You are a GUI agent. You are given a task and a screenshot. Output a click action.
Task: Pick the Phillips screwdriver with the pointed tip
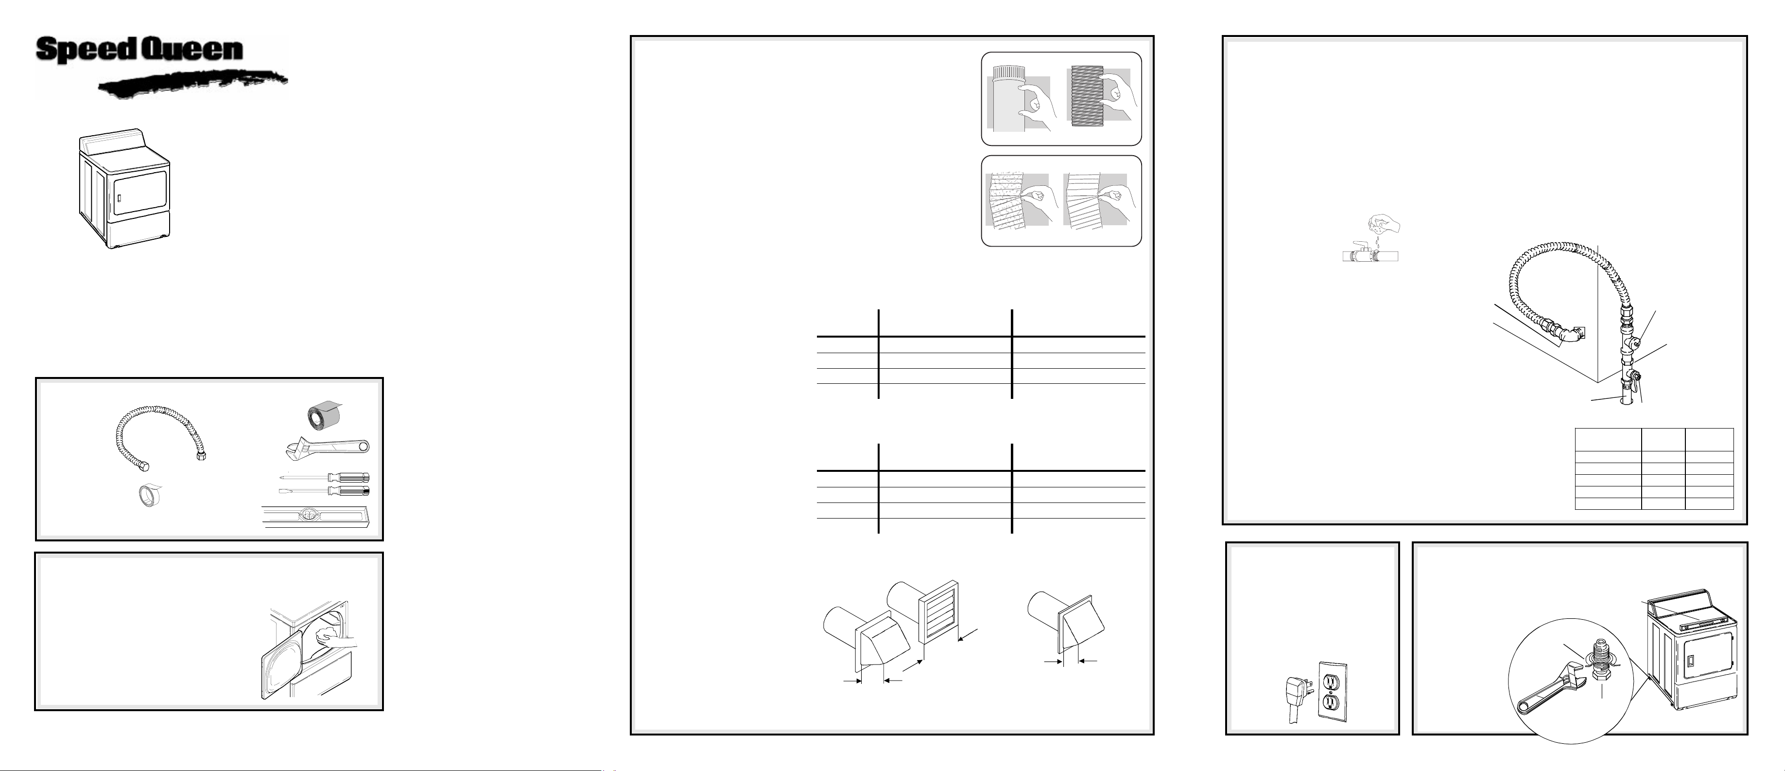point(324,477)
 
